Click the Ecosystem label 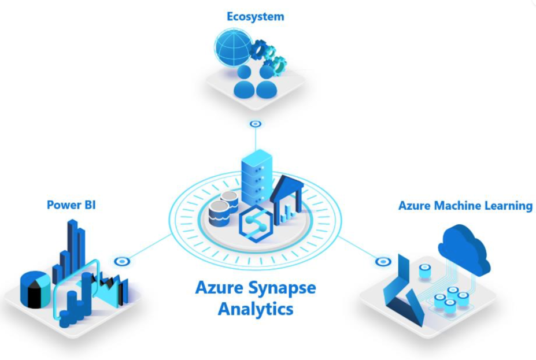coord(255,16)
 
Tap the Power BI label coord(71,205)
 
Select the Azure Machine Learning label coord(465,205)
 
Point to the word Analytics coord(255,309)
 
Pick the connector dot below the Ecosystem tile coord(255,124)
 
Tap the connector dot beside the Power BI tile coord(121,261)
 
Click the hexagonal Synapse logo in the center coord(256,221)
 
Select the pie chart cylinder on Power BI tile coord(35,288)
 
